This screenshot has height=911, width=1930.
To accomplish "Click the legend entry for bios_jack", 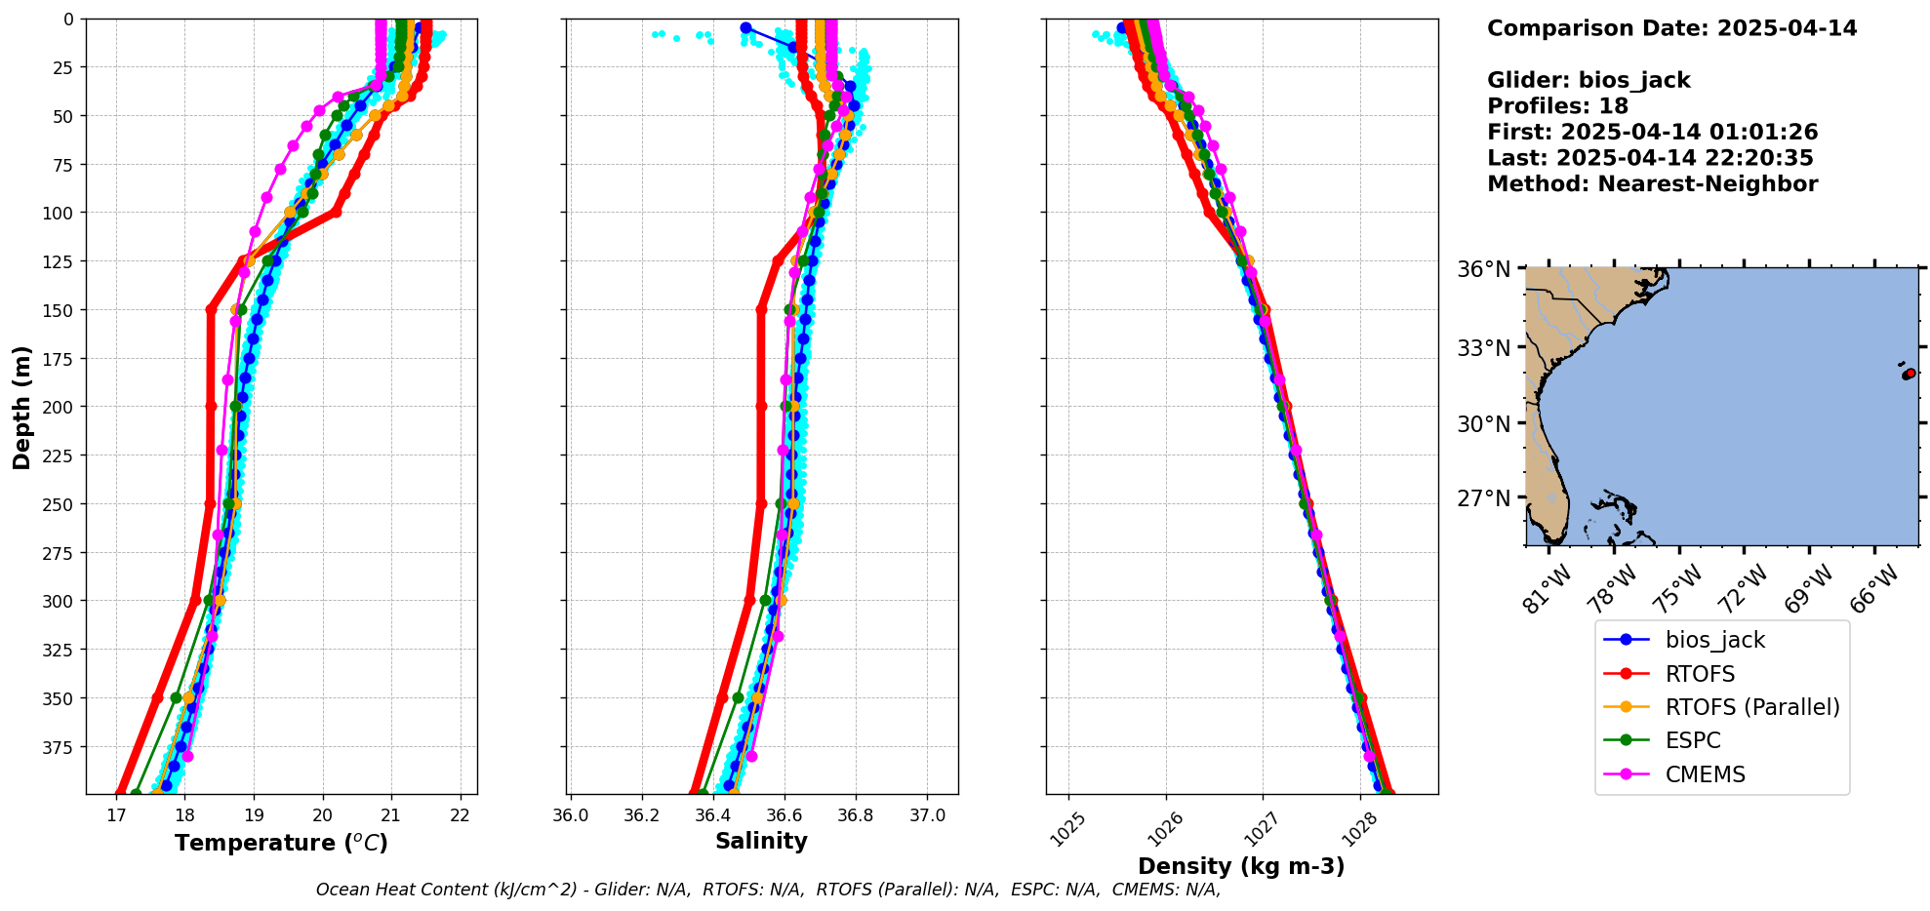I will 1714,641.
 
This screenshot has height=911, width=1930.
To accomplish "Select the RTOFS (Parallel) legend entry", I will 1751,707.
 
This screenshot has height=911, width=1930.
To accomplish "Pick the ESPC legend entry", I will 1693,740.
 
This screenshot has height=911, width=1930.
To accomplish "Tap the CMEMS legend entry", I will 1705,774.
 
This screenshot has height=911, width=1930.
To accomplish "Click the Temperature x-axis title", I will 281,843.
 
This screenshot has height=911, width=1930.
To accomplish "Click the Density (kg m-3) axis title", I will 1241,866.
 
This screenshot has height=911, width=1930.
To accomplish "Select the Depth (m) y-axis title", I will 22,407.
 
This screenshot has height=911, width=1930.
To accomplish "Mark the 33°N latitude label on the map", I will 1483,348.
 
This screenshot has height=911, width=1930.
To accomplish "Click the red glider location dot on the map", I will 1910,374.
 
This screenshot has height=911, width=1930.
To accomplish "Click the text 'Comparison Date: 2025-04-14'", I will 1671,28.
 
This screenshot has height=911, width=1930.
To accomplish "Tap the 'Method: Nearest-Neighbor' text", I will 1652,184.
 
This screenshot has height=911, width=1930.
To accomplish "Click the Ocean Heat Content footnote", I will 768,890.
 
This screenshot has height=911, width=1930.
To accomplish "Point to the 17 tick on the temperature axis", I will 116,815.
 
